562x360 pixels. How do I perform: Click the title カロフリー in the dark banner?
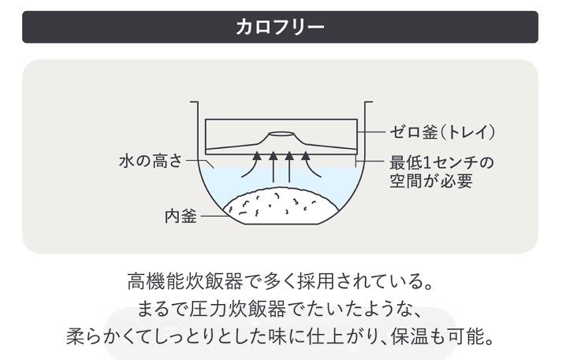tap(281, 26)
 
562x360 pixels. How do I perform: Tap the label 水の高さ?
tap(149, 162)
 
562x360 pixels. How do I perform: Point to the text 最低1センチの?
tap(441, 163)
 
